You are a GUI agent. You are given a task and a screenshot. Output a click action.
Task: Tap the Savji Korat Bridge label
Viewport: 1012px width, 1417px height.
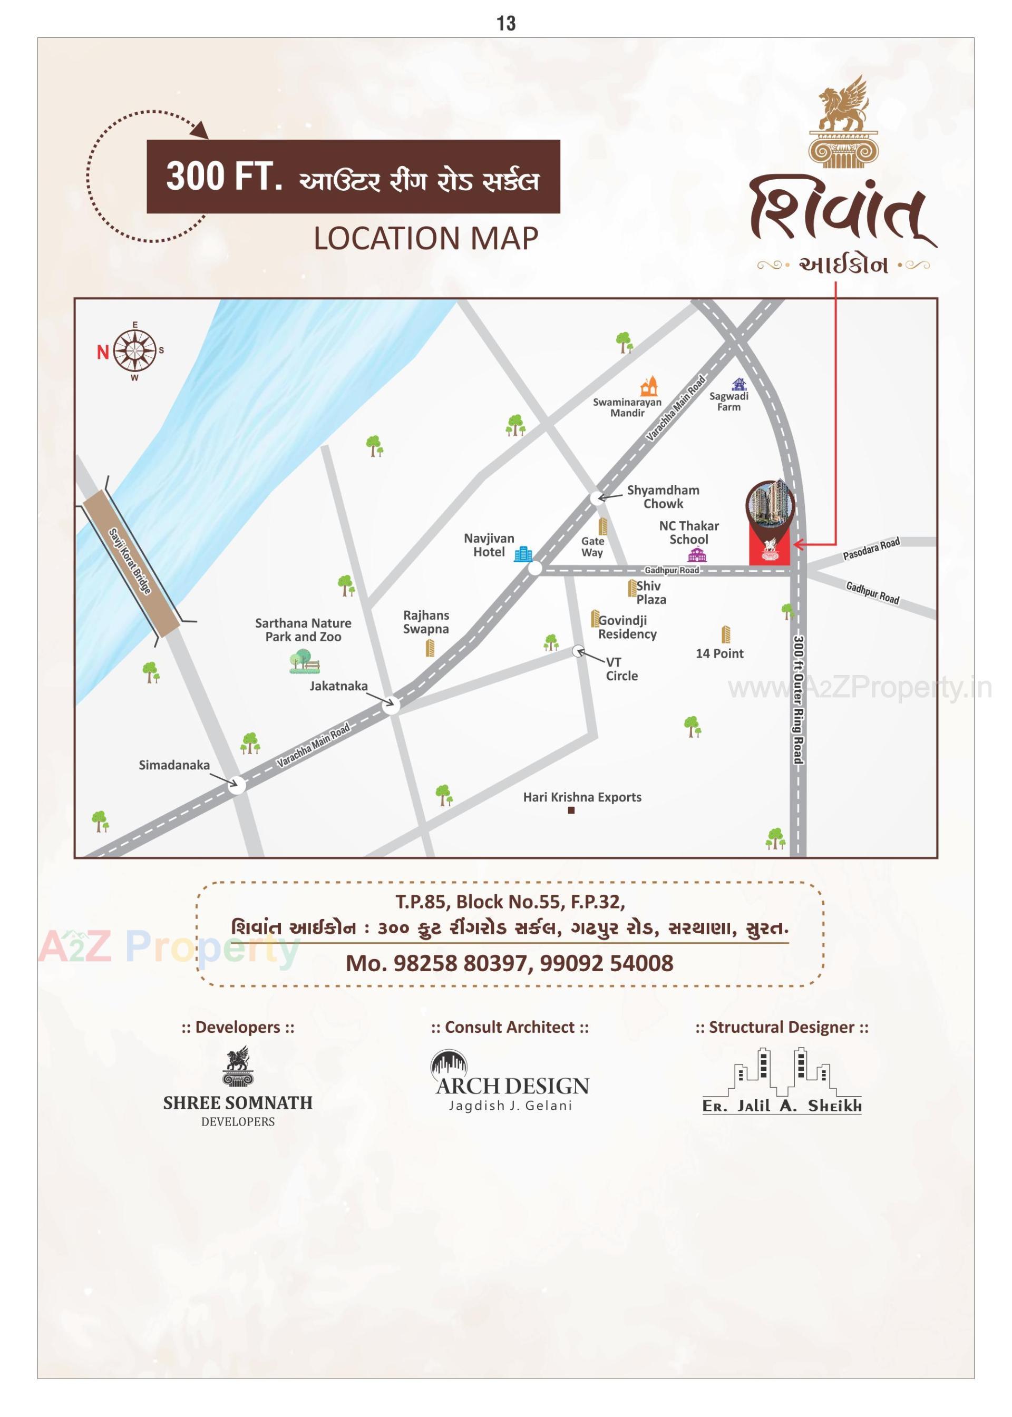coord(130,561)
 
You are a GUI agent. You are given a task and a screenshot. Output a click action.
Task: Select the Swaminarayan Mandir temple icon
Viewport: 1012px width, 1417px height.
coord(650,386)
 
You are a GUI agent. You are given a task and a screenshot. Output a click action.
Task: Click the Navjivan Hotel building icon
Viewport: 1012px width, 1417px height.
coord(523,553)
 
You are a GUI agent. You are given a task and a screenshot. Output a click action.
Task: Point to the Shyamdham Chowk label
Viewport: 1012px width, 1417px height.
coord(663,496)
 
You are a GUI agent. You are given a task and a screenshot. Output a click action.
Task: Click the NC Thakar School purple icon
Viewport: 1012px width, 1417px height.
coord(697,554)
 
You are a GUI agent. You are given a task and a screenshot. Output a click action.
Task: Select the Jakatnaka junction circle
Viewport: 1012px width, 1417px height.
coord(391,705)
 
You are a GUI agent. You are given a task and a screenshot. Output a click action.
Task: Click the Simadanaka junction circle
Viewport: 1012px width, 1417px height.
coord(237,784)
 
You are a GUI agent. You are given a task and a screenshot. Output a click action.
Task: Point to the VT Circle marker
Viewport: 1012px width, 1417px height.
coord(578,651)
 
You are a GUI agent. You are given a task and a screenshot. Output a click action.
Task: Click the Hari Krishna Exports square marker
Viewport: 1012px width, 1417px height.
coord(571,810)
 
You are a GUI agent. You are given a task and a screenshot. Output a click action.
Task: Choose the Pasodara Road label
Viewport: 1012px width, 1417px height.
coord(871,549)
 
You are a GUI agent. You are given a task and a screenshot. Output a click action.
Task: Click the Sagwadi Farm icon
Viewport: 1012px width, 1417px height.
coord(739,384)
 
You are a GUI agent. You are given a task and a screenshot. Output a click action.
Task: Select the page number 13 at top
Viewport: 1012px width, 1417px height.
coord(506,24)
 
